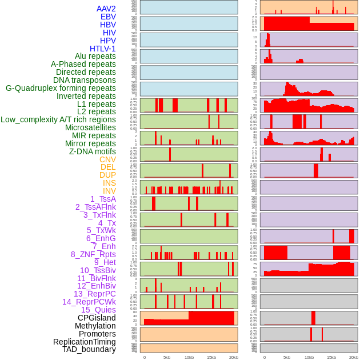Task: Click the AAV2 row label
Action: [x=106, y=9]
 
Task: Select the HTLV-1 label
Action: [x=103, y=49]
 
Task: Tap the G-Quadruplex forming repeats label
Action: [x=61, y=88]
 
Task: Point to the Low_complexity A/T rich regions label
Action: [x=58, y=119]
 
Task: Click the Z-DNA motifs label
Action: [x=93, y=151]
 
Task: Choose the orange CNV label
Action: [x=107, y=159]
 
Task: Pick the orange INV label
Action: [x=109, y=191]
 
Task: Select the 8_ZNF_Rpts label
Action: [x=93, y=254]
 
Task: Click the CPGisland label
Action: [x=97, y=318]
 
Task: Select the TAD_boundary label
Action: [x=89, y=349]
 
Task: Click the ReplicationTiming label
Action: [x=84, y=342]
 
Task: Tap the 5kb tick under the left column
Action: [x=167, y=357]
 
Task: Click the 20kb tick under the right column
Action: [x=354, y=357]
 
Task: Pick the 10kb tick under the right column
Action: [x=309, y=357]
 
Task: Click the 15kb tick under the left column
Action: [x=211, y=357]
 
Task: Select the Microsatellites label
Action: [x=90, y=127]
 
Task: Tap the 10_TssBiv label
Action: [x=98, y=270]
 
